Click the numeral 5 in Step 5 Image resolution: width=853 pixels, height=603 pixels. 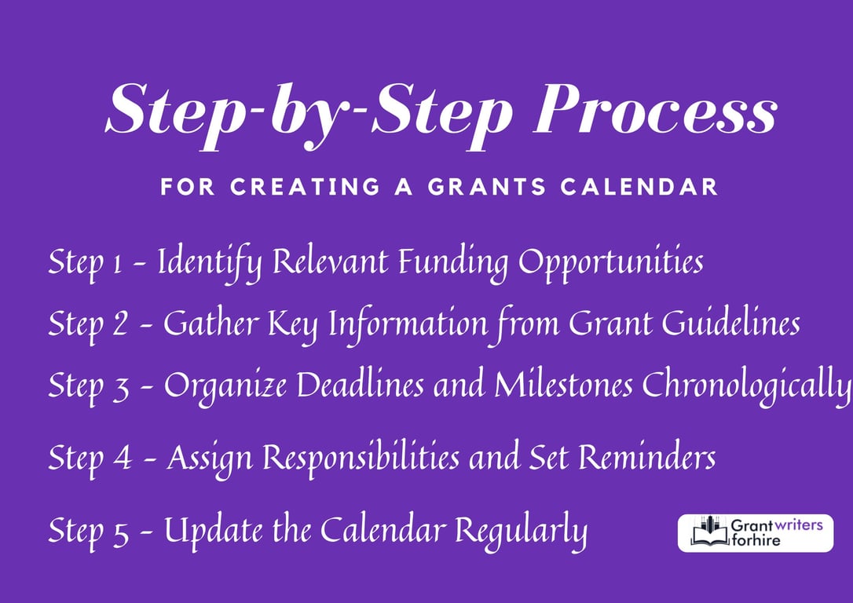[119, 532]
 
